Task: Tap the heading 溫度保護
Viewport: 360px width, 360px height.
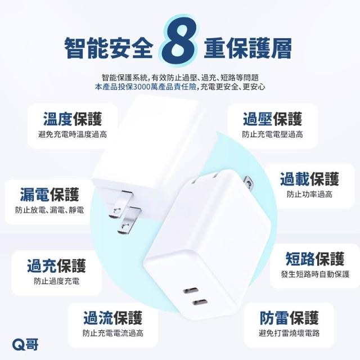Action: click(x=73, y=119)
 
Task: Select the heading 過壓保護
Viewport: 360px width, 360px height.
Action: click(x=272, y=119)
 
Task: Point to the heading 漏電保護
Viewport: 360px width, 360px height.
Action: click(x=49, y=194)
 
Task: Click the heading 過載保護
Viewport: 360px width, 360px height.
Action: click(x=309, y=179)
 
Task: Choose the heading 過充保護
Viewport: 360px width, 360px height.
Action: click(x=56, y=265)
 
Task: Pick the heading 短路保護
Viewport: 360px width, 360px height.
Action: click(x=315, y=259)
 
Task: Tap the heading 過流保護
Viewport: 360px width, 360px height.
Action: click(x=112, y=318)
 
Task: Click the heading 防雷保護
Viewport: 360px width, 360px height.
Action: click(x=289, y=318)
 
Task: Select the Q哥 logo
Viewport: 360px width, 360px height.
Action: click(x=25, y=344)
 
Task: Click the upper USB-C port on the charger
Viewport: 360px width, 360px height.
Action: click(x=191, y=290)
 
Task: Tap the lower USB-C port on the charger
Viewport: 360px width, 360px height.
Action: click(x=200, y=303)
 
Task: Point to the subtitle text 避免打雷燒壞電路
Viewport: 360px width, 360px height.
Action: click(x=289, y=333)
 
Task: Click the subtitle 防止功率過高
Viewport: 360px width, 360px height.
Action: click(x=309, y=194)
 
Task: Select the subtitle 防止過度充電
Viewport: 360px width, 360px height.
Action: click(x=56, y=281)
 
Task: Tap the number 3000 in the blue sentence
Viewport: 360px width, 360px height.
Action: click(x=141, y=87)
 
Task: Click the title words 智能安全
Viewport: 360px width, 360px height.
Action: click(x=109, y=48)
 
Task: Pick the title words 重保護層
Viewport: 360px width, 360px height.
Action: click(x=248, y=48)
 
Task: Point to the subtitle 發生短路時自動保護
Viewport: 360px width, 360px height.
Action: click(x=315, y=274)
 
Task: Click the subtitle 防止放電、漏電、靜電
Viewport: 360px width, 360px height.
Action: click(x=49, y=210)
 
